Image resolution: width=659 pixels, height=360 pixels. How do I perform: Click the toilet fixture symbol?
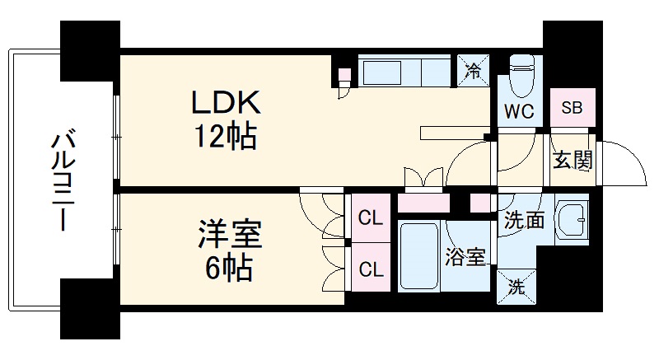tap(521, 76)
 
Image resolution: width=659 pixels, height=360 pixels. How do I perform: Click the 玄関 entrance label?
tap(573, 160)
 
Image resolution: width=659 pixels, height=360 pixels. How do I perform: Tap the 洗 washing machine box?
tap(515, 288)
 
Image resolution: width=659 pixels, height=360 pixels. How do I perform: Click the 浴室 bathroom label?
tap(465, 258)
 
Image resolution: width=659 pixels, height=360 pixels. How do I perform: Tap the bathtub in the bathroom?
tap(420, 255)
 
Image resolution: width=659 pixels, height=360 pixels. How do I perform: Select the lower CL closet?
tap(370, 269)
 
